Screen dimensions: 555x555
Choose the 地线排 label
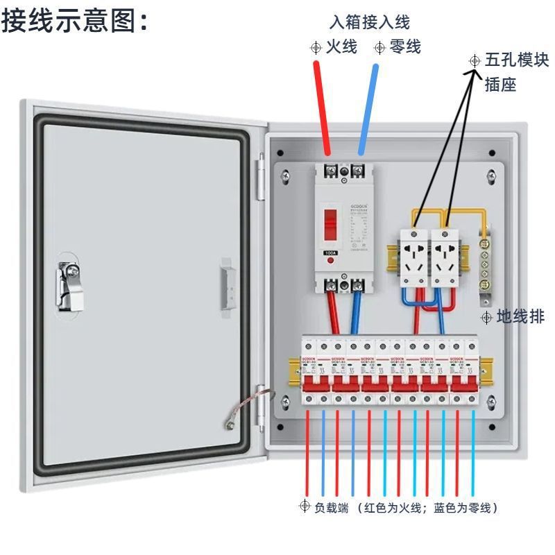pyautogui.click(x=521, y=318)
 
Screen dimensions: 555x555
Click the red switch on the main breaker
pyautogui.click(x=331, y=222)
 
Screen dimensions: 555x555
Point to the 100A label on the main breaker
pyautogui.click(x=331, y=253)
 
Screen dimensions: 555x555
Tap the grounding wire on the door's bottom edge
pyautogui.click(x=243, y=409)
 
